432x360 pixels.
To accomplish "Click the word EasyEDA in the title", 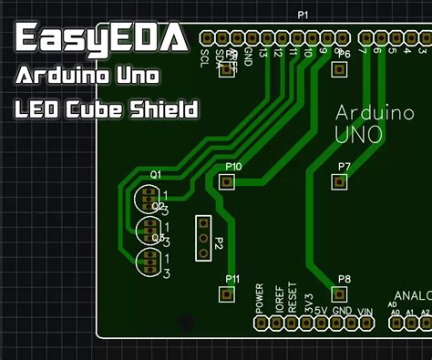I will (x=100, y=38).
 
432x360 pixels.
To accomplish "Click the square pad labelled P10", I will (x=227, y=182).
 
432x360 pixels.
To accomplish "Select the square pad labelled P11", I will (x=227, y=293).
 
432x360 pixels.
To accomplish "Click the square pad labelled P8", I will (x=339, y=293).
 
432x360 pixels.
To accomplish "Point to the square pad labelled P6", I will (x=339, y=69).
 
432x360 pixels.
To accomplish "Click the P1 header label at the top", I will (x=303, y=15).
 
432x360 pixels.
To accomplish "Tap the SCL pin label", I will (x=204, y=59).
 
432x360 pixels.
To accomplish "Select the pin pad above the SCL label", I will (x=208, y=38).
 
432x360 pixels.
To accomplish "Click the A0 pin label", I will (x=394, y=312).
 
